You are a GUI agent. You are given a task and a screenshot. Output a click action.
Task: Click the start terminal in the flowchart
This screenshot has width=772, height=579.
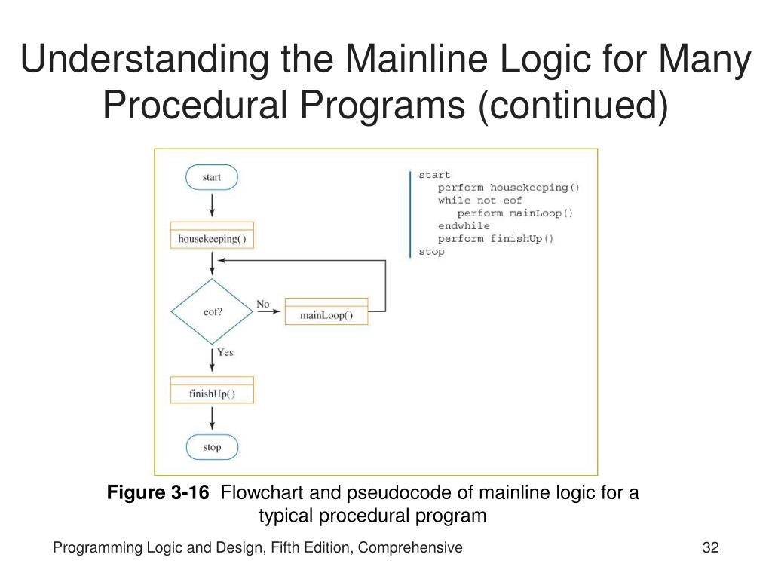click(212, 177)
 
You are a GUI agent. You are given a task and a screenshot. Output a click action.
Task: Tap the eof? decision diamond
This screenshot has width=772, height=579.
click(213, 311)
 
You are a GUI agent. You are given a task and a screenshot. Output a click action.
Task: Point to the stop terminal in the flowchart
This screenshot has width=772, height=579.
click(212, 447)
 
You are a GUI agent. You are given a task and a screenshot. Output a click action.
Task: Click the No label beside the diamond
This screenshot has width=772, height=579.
click(262, 304)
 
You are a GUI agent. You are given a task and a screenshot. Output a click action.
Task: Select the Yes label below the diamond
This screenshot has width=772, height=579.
click(225, 352)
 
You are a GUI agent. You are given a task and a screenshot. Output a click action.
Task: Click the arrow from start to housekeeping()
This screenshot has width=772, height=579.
click(212, 204)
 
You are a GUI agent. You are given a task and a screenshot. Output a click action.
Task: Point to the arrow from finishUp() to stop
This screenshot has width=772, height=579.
click(212, 418)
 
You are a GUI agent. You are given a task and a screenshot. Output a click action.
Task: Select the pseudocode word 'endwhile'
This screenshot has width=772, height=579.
click(464, 226)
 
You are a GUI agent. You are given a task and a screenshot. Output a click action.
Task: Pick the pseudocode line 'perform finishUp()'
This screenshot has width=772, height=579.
click(495, 239)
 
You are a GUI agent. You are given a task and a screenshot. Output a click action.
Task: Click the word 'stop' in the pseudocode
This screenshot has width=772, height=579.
click(431, 252)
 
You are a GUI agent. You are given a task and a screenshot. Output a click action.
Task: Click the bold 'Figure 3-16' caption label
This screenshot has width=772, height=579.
click(158, 493)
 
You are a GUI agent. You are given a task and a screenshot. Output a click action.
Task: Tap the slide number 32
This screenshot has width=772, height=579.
click(710, 548)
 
